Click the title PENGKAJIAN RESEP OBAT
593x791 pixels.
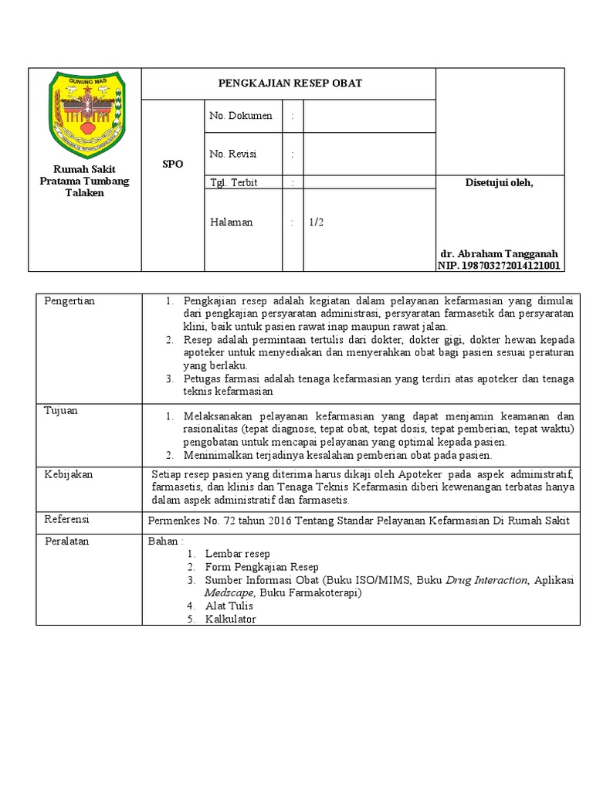coord(289,83)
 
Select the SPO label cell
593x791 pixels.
coord(173,165)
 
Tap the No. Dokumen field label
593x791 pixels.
coord(241,116)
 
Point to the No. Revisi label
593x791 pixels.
coord(233,154)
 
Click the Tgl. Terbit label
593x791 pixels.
coord(234,182)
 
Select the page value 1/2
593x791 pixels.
coord(317,222)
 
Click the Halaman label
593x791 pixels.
coord(232,222)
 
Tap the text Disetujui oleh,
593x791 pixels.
coord(499,182)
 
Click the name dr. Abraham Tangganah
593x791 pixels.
coord(499,253)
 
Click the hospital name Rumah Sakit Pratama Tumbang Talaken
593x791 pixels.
coord(84,181)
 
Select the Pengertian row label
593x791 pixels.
coord(69,300)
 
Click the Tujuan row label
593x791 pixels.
coord(61,411)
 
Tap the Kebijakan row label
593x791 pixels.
coord(69,474)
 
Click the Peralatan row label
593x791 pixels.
coord(67,541)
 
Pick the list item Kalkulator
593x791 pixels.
coord(230,619)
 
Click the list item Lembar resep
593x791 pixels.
coord(237,554)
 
